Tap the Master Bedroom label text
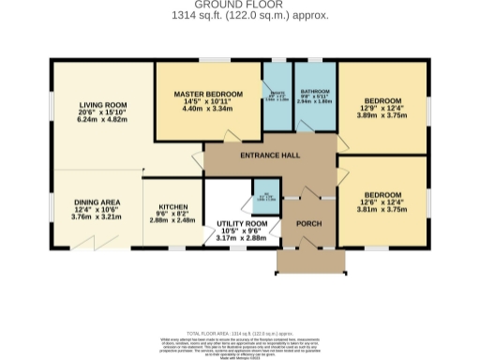pyautogui.click(x=208, y=94)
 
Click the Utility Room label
pyautogui.click(x=249, y=222)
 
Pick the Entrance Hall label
pyautogui.click(x=270, y=155)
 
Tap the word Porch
pyautogui.click(x=308, y=223)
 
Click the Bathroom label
pyautogui.click(x=315, y=91)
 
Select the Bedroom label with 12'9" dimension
pyautogui.click(x=382, y=101)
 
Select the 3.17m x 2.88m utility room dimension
pyautogui.click(x=249, y=239)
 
